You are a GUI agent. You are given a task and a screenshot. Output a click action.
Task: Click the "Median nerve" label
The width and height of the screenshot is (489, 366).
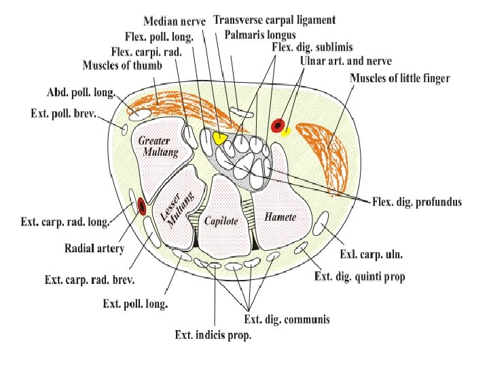point(175,20)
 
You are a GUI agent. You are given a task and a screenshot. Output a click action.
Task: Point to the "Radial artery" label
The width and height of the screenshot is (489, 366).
point(94,249)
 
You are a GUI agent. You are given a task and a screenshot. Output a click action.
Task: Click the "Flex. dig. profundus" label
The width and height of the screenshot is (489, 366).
point(417,202)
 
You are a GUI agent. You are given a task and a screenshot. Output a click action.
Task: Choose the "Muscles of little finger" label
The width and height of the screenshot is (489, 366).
point(399,79)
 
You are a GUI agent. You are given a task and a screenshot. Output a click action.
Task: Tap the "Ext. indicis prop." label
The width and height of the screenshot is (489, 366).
point(213,334)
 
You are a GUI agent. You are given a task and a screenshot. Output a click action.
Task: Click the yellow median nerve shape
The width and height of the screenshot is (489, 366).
point(219,138)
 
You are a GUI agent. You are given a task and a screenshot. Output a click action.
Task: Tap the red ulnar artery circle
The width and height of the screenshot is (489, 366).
point(277,125)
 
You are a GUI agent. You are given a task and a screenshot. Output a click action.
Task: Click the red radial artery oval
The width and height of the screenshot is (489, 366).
point(141,205)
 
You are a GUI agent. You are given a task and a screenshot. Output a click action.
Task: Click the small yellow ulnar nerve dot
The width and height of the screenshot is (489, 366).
point(287,130)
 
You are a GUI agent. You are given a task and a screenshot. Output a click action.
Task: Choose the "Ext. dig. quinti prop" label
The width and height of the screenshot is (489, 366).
point(360,277)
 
